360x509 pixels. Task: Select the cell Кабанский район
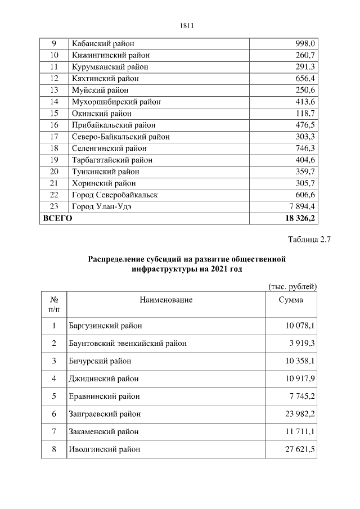(103, 44)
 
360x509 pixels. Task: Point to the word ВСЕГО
(57, 218)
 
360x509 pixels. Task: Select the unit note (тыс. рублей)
(292, 286)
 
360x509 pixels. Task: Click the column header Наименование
(166, 300)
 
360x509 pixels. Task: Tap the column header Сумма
(291, 300)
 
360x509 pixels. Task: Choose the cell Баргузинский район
(105, 326)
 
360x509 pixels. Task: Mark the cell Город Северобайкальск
(115, 195)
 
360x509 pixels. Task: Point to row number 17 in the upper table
(55, 137)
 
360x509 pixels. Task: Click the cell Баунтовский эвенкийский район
(128, 343)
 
